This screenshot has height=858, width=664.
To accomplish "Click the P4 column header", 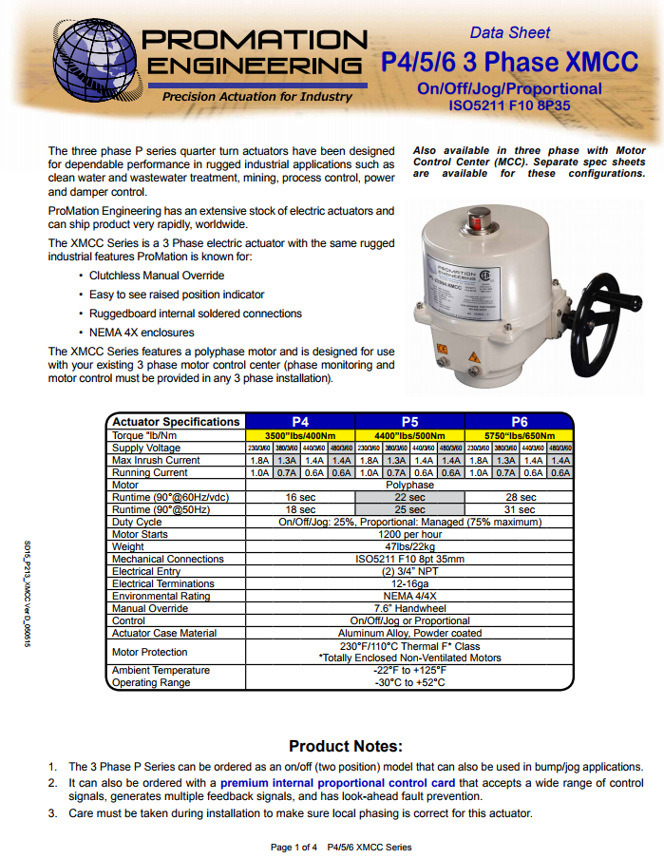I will pyautogui.click(x=300, y=422).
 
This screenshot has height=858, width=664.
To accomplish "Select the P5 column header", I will pyautogui.click(x=409, y=422).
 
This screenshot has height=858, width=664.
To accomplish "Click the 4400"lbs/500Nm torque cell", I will pyautogui.click(x=409, y=435).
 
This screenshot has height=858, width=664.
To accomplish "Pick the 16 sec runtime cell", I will pyautogui.click(x=300, y=497).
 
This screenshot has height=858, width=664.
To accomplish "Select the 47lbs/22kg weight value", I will pyautogui.click(x=409, y=546).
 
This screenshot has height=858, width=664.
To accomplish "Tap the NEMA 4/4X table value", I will pyautogui.click(x=409, y=596).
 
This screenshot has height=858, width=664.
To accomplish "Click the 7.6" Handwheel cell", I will pyautogui.click(x=409, y=608).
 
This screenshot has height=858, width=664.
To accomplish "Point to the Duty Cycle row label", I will pyautogui.click(x=137, y=522).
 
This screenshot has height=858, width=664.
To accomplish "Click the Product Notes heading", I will pyautogui.click(x=346, y=746).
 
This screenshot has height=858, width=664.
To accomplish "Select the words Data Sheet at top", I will pyautogui.click(x=509, y=32).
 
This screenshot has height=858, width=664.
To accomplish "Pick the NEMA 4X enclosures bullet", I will pyautogui.click(x=142, y=333).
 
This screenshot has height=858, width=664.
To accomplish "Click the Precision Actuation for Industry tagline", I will pyautogui.click(x=256, y=97).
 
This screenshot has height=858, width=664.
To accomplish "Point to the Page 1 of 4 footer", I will pyautogui.click(x=294, y=847).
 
